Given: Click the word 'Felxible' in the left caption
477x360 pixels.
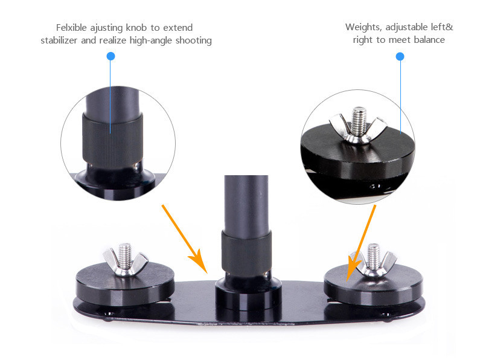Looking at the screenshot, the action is click(71, 28).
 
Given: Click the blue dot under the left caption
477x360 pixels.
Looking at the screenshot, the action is click(110, 56).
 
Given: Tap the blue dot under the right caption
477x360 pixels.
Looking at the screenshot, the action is click(400, 56).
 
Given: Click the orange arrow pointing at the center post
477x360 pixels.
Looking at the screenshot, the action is click(185, 239).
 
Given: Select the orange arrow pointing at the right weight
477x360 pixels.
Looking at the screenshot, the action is click(361, 243).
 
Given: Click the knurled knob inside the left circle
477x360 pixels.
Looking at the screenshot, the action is click(112, 141).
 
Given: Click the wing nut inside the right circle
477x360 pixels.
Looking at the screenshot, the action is click(358, 129).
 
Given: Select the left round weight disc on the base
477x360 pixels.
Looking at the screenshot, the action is click(125, 284).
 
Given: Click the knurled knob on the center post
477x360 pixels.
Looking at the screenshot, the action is click(246, 254).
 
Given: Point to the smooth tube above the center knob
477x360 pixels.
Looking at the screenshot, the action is click(246, 204).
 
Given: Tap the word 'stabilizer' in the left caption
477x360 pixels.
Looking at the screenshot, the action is click(59, 40).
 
